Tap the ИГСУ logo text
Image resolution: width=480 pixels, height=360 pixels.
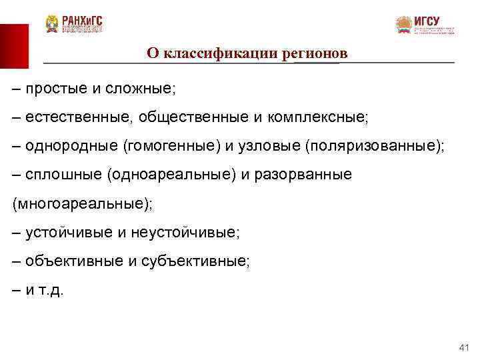point(427,21)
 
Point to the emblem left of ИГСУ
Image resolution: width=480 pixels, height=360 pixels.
point(404,25)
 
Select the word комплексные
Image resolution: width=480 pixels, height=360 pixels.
point(317,117)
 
